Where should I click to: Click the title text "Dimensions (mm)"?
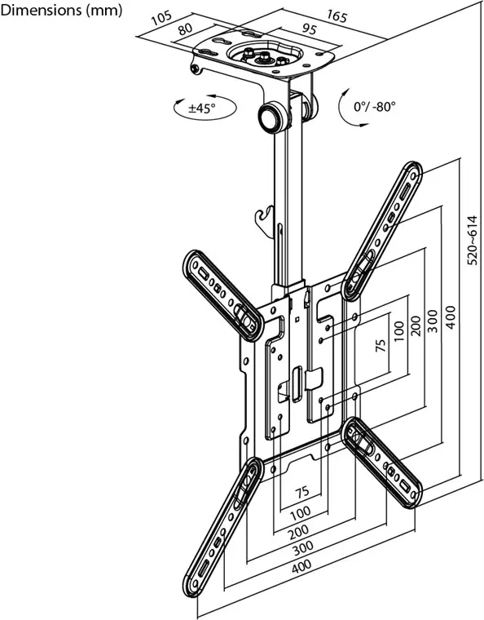click(x=62, y=11)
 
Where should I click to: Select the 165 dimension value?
click(x=335, y=15)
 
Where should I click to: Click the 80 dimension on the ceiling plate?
click(x=185, y=29)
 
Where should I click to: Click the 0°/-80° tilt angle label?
click(x=374, y=107)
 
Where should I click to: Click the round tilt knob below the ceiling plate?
click(x=271, y=116)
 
